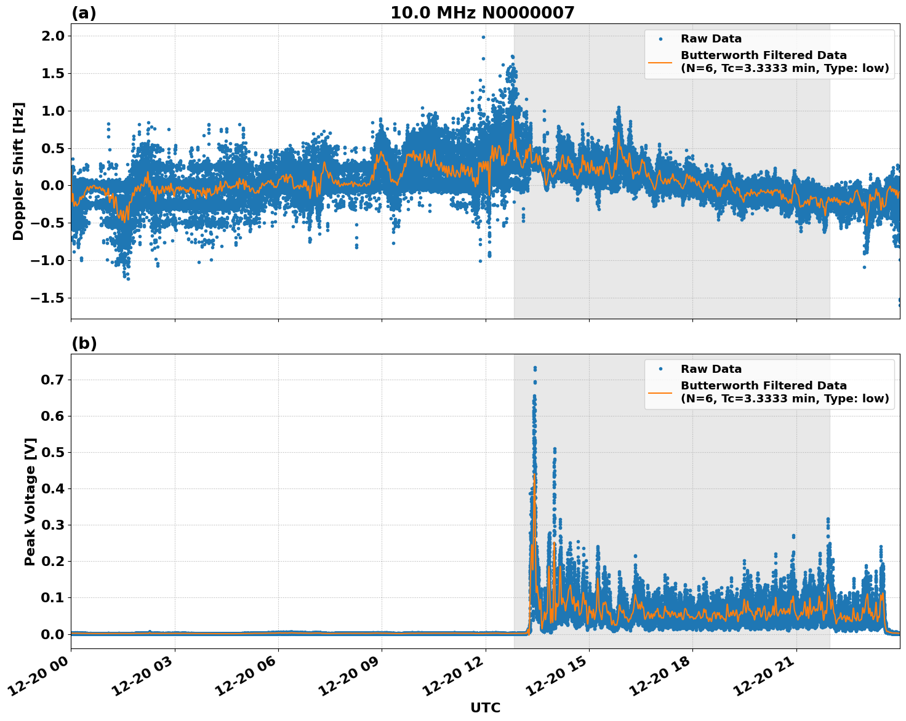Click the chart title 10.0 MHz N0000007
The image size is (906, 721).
(482, 13)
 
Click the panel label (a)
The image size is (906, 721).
(84, 13)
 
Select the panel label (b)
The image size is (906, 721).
(84, 343)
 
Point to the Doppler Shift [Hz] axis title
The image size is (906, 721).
(18, 171)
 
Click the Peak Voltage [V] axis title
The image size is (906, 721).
(30, 501)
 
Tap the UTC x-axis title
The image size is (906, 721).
(485, 708)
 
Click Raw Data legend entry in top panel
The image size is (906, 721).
(711, 39)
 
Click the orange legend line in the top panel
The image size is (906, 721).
(660, 62)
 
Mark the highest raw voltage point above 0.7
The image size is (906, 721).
(535, 368)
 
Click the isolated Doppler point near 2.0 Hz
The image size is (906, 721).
(483, 37)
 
